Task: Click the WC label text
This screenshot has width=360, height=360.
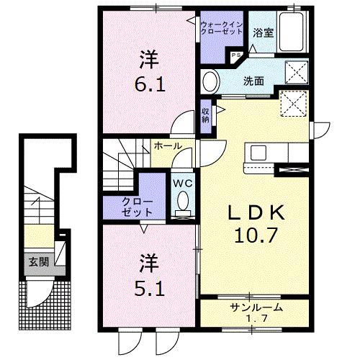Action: [x=181, y=182]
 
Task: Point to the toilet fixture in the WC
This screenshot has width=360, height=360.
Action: [x=183, y=202]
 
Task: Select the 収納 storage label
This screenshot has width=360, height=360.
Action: [x=205, y=114]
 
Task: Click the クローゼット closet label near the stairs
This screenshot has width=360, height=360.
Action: [x=138, y=207]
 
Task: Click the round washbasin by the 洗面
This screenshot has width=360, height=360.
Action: [x=211, y=78]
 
